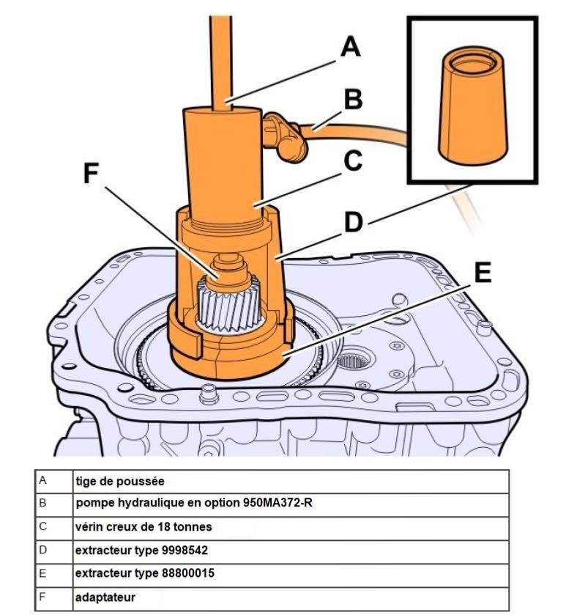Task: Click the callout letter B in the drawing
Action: click(x=354, y=100)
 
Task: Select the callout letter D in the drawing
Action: click(x=353, y=221)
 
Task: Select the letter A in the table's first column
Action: click(x=42, y=481)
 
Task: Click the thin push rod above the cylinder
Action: click(x=220, y=59)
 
